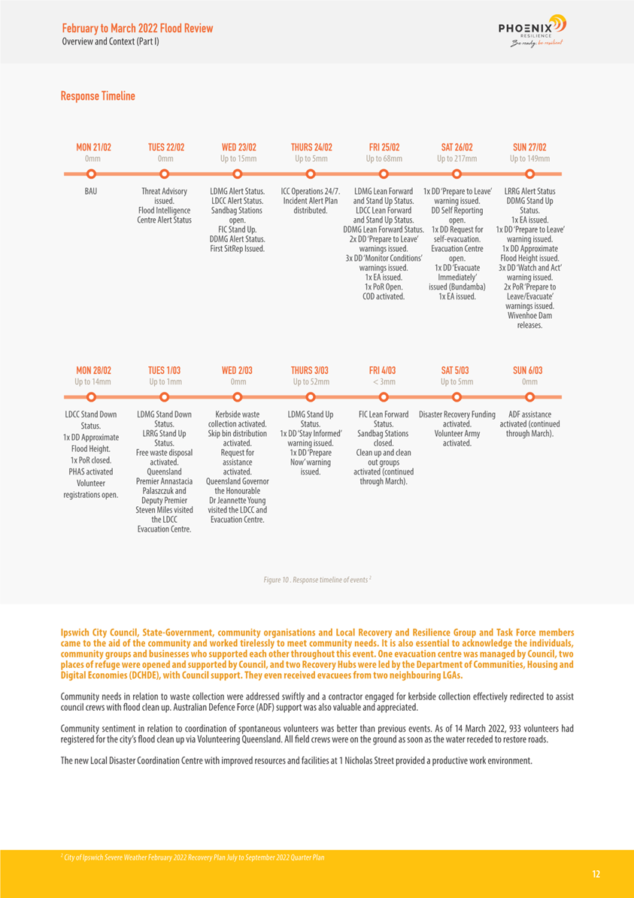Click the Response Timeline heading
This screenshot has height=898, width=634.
[x=98, y=96]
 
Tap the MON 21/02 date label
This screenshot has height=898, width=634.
[x=94, y=147]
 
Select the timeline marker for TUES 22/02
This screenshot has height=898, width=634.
[x=165, y=173]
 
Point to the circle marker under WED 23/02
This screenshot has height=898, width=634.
[x=238, y=173]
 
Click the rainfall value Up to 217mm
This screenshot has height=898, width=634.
[x=456, y=159]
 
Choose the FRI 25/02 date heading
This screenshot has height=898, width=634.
[x=384, y=147]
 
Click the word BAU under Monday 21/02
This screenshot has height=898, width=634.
[x=90, y=192]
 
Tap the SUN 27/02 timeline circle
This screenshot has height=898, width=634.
[x=529, y=173]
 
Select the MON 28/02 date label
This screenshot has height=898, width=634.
[x=94, y=371]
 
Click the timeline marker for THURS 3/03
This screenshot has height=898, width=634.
[x=310, y=396]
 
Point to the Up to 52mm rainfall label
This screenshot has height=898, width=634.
[x=310, y=382]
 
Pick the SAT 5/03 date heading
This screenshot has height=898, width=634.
[x=455, y=371]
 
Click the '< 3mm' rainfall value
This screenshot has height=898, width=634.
[x=384, y=382]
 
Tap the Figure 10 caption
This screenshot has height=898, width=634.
[x=317, y=580]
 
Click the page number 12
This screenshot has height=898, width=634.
[x=596, y=874]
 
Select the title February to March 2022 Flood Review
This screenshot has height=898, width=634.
[x=137, y=29]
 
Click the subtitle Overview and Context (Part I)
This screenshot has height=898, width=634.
[x=110, y=41]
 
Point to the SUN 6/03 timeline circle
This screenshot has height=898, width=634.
[x=529, y=396]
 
